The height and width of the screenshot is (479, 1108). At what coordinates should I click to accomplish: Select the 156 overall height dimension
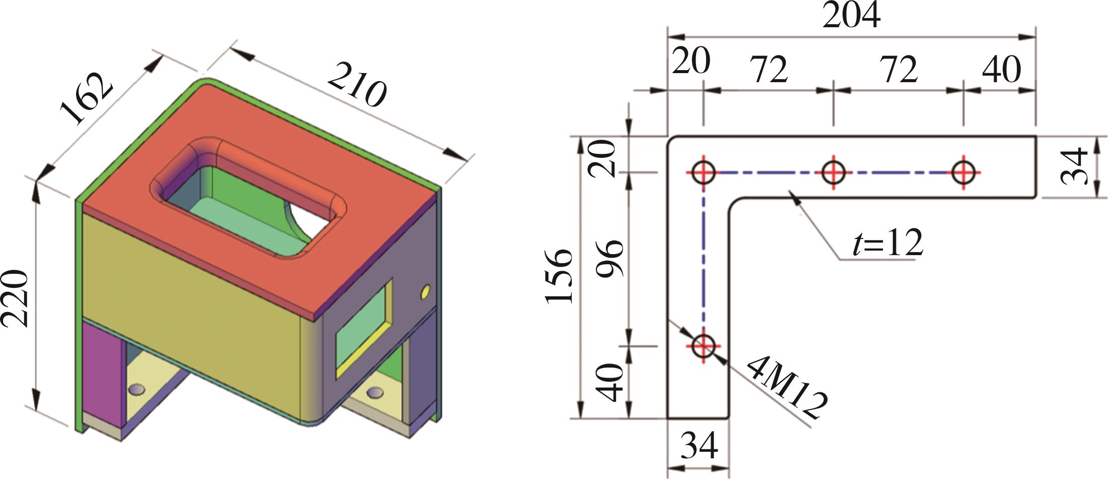point(559,276)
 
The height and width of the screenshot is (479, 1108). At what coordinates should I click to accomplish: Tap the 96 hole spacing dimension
point(610,258)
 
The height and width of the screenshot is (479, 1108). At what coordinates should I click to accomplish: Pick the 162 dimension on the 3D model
point(86,99)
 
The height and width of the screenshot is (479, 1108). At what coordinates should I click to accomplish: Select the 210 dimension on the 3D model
point(357,84)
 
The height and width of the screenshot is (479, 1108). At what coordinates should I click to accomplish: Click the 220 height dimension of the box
point(15,298)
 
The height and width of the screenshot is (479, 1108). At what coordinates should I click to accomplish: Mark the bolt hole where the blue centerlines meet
point(703,172)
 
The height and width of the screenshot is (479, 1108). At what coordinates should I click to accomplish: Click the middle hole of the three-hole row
point(834,172)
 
